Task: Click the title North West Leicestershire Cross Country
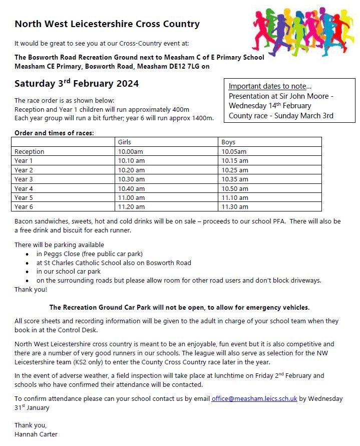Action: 107,24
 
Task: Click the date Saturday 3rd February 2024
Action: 77,83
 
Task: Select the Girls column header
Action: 124,142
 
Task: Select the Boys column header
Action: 228,142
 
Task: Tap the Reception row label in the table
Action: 30,151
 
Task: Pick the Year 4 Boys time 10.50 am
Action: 235,188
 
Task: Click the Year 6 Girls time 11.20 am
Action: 131,206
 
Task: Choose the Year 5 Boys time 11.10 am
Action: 235,197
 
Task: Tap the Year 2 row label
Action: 24,170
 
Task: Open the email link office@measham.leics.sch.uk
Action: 254,398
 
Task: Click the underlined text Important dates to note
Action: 270,86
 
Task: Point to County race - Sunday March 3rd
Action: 281,116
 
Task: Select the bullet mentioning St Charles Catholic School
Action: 114,263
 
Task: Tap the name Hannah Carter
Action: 36,434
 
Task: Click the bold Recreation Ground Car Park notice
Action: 179,307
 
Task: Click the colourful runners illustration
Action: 303,31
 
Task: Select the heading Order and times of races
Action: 54,133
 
